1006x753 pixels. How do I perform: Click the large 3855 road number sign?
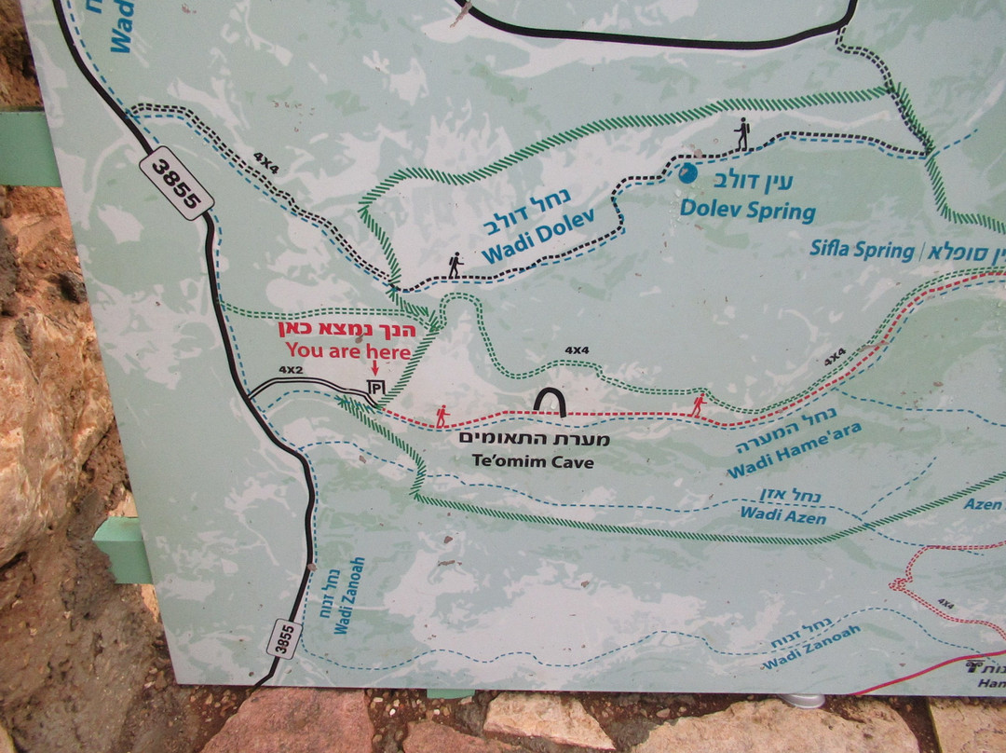click(x=177, y=183)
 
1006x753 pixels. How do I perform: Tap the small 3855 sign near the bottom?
click(x=284, y=638)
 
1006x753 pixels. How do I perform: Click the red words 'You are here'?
click(x=347, y=351)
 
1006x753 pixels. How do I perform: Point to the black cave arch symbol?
click(x=550, y=402)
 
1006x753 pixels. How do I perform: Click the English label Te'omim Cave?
click(x=533, y=461)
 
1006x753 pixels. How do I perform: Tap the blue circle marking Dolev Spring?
click(x=687, y=173)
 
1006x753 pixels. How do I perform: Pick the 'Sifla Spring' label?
click(x=862, y=249)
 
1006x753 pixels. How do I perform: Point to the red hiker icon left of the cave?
click(x=442, y=415)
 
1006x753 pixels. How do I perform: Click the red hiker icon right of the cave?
click(x=698, y=404)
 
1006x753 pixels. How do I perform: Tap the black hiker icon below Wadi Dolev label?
click(x=455, y=266)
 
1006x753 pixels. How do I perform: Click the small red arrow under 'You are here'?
click(x=374, y=370)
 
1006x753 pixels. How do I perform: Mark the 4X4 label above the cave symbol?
click(x=577, y=350)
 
